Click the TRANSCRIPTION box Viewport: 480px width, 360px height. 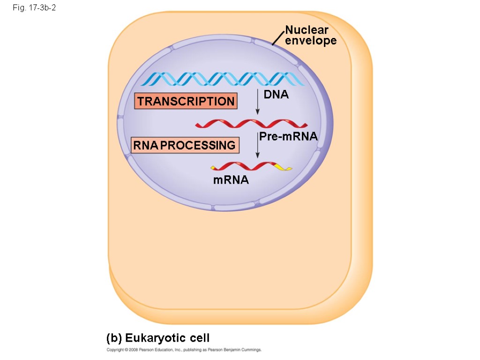click(x=186, y=101)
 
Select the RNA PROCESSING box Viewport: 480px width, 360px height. click(x=184, y=145)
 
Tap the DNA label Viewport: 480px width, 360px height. click(x=276, y=95)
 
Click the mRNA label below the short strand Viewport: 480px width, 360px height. click(x=231, y=180)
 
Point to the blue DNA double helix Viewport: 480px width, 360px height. click(x=223, y=79)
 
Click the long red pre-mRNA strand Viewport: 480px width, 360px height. click(x=251, y=124)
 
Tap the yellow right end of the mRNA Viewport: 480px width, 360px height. click(x=282, y=167)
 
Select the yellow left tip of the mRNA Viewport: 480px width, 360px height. click(x=215, y=167)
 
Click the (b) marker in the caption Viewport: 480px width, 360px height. click(x=114, y=338)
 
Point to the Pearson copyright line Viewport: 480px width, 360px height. click(x=184, y=350)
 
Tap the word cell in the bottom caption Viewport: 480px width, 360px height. click(x=197, y=338)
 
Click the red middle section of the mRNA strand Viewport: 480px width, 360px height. click(x=248, y=166)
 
